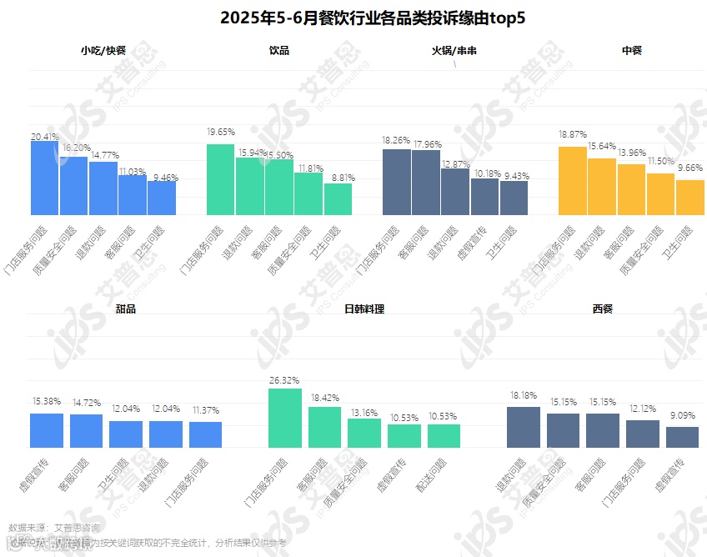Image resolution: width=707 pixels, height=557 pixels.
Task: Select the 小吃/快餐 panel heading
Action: tap(103, 50)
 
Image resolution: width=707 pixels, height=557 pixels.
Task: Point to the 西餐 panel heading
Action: tap(602, 309)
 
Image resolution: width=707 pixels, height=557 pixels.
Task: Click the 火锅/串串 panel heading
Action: tap(454, 50)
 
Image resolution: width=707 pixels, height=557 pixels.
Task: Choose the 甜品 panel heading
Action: tap(126, 309)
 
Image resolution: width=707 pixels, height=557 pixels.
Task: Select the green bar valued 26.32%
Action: tap(284, 418)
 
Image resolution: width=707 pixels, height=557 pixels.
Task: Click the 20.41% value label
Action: tap(45, 136)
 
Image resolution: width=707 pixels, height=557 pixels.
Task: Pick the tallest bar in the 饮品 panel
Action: tap(220, 179)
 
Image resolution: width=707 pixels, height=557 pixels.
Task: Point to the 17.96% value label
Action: tap(426, 141)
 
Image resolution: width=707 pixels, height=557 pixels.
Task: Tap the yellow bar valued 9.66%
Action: tap(689, 198)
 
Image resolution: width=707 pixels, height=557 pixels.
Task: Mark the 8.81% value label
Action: tap(338, 177)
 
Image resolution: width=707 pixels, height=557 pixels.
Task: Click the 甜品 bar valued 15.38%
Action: tap(47, 430)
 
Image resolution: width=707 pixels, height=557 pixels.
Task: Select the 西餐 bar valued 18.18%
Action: tap(524, 427)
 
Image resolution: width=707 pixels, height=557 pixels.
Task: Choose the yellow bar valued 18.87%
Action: tap(573, 181)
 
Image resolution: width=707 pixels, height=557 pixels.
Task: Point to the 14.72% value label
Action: tap(87, 404)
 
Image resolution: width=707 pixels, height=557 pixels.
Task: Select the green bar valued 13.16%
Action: tap(364, 433)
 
